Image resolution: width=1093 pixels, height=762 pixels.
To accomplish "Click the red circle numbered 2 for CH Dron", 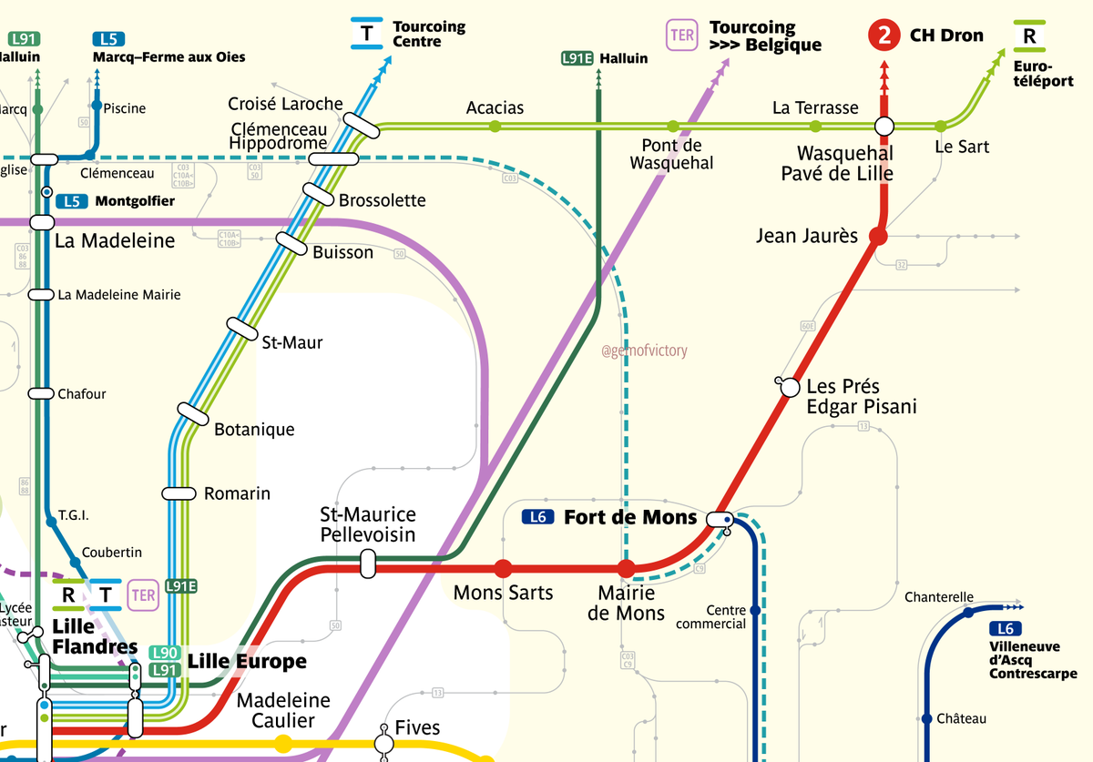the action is pos(883,36).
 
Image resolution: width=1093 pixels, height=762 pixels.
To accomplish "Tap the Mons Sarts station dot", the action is pos(502,569).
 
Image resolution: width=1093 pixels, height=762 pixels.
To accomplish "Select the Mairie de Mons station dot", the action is pos(627,569).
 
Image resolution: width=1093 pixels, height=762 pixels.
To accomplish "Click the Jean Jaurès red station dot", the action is pos(878,237).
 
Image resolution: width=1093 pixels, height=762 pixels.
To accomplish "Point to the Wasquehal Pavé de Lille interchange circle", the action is pos(884,126).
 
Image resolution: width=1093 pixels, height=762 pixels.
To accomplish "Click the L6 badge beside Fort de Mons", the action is pos(538,517).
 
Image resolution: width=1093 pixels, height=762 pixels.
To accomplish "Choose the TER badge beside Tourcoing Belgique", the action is pos(682,35).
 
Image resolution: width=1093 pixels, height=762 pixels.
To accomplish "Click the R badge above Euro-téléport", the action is pos(1029,36).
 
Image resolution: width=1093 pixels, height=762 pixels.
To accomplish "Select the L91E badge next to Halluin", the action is pos(577,58).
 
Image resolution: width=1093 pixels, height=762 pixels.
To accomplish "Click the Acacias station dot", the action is pos(495,126).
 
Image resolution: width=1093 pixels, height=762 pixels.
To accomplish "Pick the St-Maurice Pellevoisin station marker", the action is pos(368,563).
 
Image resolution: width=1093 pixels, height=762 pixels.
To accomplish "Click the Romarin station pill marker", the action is pos(179,493).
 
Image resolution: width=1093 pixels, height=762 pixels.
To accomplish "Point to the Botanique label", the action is pos(254,429).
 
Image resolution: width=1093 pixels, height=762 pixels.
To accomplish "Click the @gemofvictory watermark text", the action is pos(645,351).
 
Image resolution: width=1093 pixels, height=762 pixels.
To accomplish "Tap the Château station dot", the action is pos(927,719).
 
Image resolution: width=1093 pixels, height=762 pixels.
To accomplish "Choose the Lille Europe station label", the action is pos(247,661).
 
